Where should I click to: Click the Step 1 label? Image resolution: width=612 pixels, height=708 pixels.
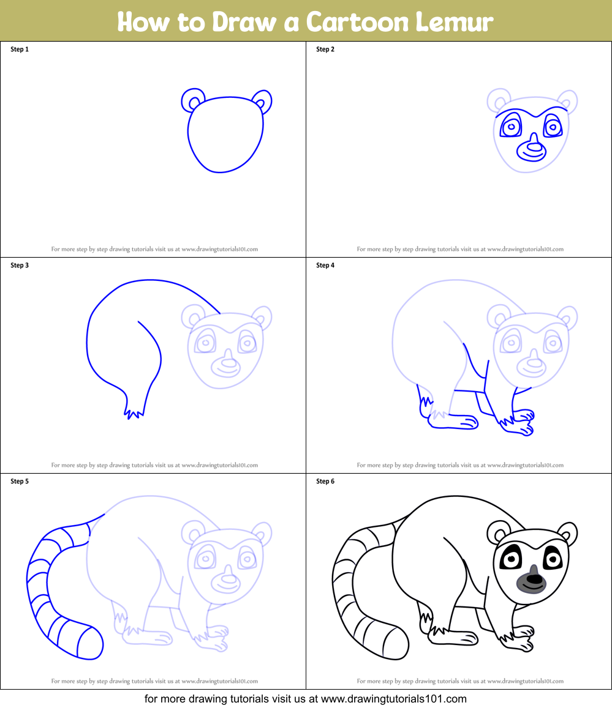point(20,50)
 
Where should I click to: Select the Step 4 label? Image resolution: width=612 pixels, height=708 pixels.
point(325,266)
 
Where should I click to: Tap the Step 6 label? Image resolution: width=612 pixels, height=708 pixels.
point(325,482)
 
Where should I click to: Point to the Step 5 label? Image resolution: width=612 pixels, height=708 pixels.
point(20,482)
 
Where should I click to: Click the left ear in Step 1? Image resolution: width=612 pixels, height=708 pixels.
point(192,100)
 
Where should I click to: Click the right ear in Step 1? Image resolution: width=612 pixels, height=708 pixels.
point(262,101)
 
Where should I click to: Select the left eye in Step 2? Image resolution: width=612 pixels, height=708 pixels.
point(511,127)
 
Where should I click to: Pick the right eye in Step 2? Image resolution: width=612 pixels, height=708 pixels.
point(552,127)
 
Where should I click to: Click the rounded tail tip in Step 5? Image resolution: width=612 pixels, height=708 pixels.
point(91,643)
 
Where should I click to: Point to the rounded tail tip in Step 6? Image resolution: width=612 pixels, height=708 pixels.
point(397,643)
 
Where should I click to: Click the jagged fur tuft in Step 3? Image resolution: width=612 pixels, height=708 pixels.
point(134,413)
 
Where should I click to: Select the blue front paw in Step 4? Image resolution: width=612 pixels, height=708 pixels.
point(516,423)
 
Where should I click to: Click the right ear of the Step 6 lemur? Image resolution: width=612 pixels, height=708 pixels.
point(569,533)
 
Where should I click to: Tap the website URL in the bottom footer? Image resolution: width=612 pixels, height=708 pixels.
point(394,699)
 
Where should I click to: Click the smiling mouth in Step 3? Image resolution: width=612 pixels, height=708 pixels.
point(226,369)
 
